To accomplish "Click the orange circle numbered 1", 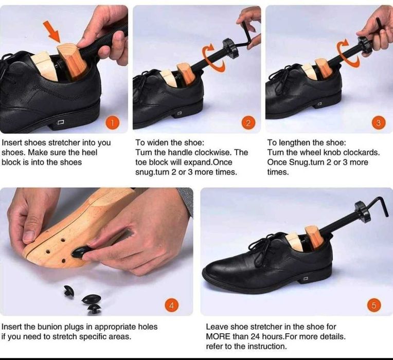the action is pyautogui.click(x=113, y=123).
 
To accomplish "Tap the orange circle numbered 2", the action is pyautogui.click(x=248, y=123).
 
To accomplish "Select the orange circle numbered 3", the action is pyautogui.click(x=379, y=123).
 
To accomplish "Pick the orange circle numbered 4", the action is pyautogui.click(x=172, y=305).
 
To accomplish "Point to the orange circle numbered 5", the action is pyautogui.click(x=374, y=305).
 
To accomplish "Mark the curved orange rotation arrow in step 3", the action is pyautogui.click(x=348, y=53).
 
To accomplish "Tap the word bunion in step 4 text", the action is pyautogui.click(x=50, y=327).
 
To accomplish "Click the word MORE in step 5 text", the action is pyautogui.click(x=218, y=336).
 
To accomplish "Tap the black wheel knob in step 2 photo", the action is pyautogui.click(x=230, y=48).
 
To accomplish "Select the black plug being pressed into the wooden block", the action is pyautogui.click(x=81, y=251).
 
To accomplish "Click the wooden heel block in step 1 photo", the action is pyautogui.click(x=72, y=61).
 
